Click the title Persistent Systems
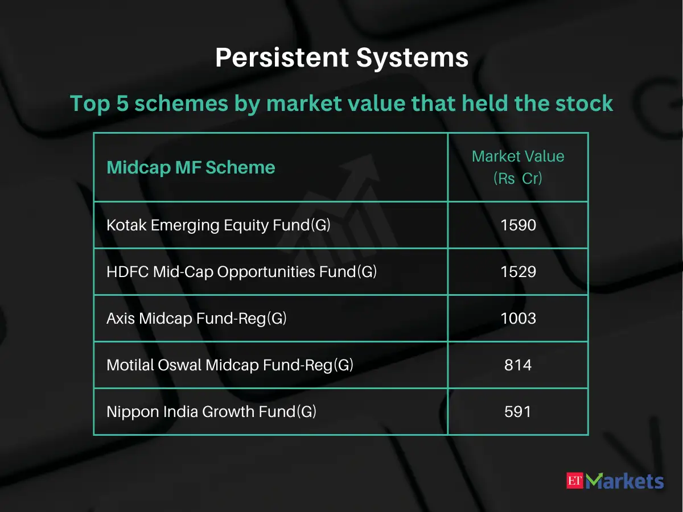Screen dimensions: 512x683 click(x=341, y=58)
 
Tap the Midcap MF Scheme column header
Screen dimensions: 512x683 click(x=191, y=167)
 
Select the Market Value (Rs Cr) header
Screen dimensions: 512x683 click(x=517, y=167)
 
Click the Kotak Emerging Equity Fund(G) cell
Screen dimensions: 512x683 click(x=219, y=225)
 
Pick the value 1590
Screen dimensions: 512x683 click(x=518, y=225)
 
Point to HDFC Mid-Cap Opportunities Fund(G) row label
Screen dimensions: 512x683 click(x=241, y=272)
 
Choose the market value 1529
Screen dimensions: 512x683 click(x=518, y=272)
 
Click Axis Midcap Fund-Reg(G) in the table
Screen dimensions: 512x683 click(x=196, y=319)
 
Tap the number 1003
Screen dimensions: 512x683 click(x=518, y=319)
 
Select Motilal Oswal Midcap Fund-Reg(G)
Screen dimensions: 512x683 click(x=230, y=365)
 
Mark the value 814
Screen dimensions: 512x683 click(x=518, y=365)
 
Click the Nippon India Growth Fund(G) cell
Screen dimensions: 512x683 click(x=211, y=412)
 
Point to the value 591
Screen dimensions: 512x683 click(x=518, y=412)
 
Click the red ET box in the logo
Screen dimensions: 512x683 click(x=575, y=481)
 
